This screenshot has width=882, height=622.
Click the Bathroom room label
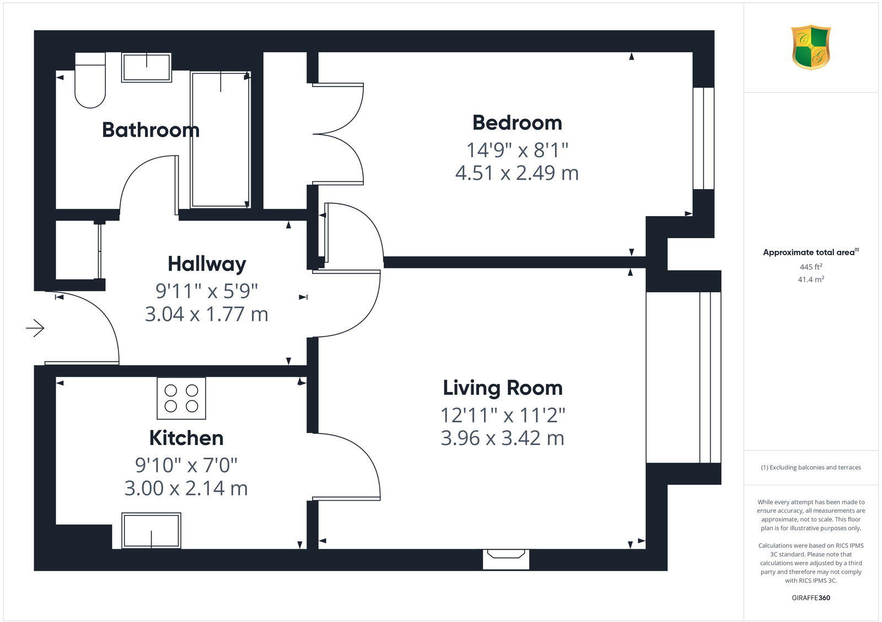[x=150, y=130]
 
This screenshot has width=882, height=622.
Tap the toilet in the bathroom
[x=90, y=81]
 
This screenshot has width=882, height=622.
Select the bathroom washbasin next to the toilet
[x=147, y=67]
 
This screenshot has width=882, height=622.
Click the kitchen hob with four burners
[x=181, y=398]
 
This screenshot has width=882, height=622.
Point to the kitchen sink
[x=152, y=530]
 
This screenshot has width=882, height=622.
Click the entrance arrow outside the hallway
[x=35, y=329]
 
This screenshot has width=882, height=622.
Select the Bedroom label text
[x=517, y=122]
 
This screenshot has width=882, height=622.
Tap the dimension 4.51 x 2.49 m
[x=517, y=173]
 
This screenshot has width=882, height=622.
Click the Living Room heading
[x=503, y=388]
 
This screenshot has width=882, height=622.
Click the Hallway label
[x=207, y=264]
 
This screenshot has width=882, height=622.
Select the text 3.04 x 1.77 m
[x=207, y=314]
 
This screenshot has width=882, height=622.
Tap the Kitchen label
[x=186, y=438]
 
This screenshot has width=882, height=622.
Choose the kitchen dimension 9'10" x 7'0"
[x=186, y=465]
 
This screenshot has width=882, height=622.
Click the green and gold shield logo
[x=811, y=47]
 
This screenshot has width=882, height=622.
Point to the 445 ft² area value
[x=811, y=267]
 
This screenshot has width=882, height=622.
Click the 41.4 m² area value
[x=811, y=280]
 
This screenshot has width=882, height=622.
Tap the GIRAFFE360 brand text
[x=811, y=598]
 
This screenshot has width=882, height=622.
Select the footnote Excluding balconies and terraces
[x=811, y=468]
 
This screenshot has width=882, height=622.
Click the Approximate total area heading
[x=809, y=253]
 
